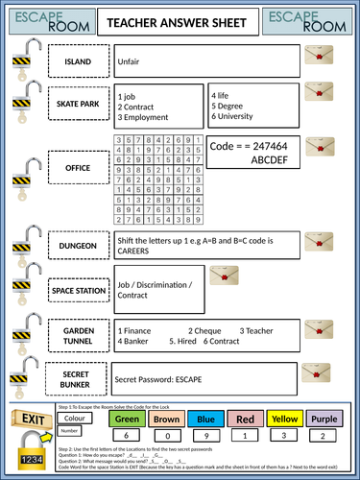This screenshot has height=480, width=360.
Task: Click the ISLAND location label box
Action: pos(78,62)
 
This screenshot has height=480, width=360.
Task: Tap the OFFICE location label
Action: pos(78,168)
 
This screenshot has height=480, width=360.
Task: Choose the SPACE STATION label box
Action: pos(78,289)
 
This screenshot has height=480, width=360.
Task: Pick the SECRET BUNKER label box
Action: pos(78,378)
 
